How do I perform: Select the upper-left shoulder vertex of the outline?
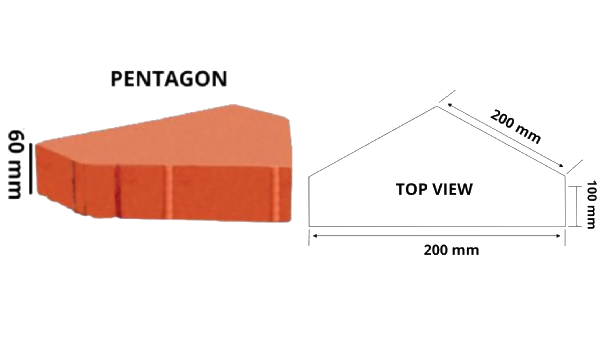click(x=308, y=177)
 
